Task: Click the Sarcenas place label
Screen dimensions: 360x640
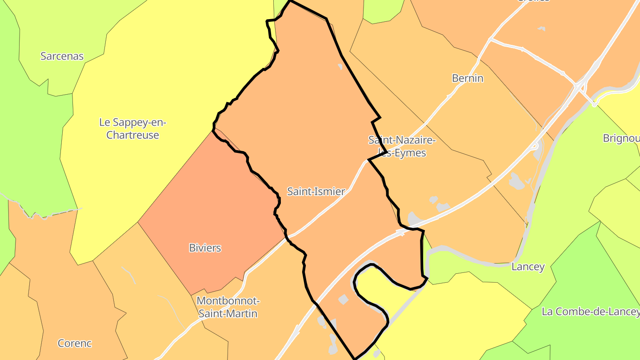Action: click(x=62, y=56)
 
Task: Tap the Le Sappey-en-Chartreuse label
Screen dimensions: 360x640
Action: click(x=133, y=128)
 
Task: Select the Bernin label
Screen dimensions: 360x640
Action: click(x=468, y=78)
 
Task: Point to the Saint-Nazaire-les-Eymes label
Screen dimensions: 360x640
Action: click(x=402, y=146)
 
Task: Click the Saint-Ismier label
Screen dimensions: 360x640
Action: click(x=316, y=192)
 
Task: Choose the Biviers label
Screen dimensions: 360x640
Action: click(x=205, y=248)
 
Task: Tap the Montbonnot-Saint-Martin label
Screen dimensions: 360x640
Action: click(x=228, y=307)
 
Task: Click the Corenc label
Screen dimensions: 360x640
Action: click(x=75, y=343)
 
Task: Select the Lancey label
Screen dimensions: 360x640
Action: click(x=528, y=267)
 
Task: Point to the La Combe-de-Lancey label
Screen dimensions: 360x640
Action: click(x=590, y=312)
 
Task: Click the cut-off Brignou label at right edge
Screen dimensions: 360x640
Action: click(x=621, y=138)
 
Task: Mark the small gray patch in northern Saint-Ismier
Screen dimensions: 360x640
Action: click(x=340, y=67)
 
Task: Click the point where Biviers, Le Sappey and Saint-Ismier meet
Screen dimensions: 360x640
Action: click(x=214, y=130)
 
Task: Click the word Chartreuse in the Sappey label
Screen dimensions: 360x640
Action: click(x=133, y=135)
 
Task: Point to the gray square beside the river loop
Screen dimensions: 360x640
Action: click(x=343, y=299)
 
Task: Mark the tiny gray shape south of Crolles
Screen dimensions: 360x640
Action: click(x=541, y=29)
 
